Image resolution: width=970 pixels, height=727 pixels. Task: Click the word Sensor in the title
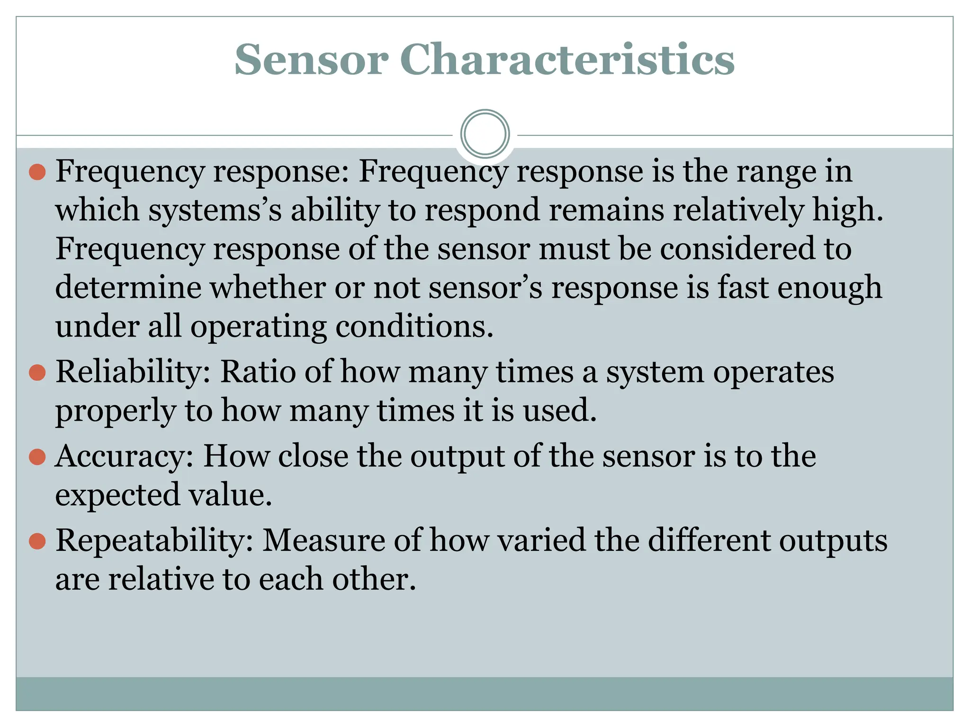(x=311, y=60)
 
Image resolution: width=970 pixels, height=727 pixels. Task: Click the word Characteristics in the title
(x=567, y=60)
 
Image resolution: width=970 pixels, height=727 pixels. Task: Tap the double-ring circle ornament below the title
(x=485, y=134)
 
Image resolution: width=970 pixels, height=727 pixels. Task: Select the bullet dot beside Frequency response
(x=37, y=172)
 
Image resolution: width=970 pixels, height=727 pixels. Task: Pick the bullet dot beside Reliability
(x=37, y=373)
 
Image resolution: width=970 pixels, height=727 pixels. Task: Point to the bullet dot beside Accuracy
(x=37, y=457)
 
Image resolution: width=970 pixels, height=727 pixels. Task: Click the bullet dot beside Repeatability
(x=37, y=541)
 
